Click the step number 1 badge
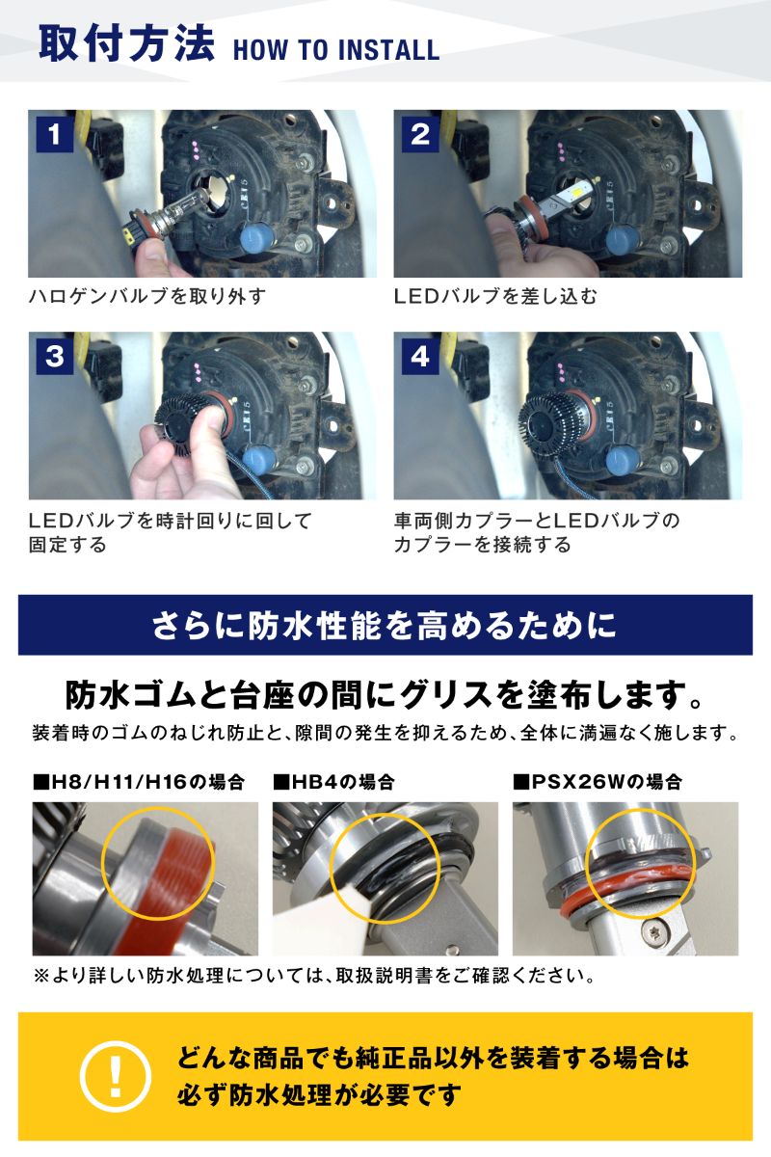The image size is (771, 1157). (x=55, y=134)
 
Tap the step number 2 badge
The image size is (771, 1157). (x=420, y=134)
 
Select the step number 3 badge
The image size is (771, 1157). (x=55, y=357)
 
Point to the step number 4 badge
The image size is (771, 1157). (x=420, y=357)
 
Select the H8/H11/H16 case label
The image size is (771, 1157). (x=139, y=782)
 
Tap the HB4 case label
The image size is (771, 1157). (x=333, y=782)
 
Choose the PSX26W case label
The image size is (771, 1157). (x=598, y=782)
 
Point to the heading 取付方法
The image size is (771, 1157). (x=127, y=43)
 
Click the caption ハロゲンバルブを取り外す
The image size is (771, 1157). (x=147, y=297)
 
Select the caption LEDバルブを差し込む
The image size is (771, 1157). (x=495, y=297)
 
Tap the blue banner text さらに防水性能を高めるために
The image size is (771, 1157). (x=385, y=625)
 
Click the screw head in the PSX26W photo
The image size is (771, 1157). (x=652, y=932)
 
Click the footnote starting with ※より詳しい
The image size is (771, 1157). (x=315, y=976)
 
